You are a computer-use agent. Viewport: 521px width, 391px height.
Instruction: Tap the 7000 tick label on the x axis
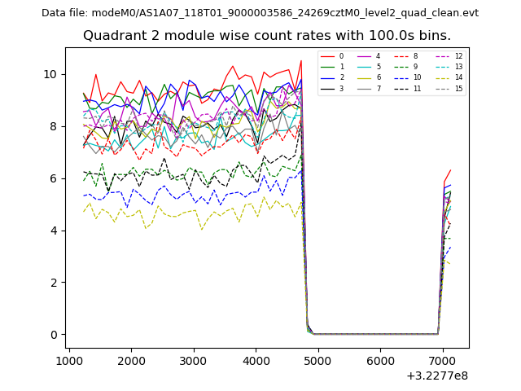click(x=443, y=360)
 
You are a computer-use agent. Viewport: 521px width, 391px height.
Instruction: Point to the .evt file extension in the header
click(x=469, y=13)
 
